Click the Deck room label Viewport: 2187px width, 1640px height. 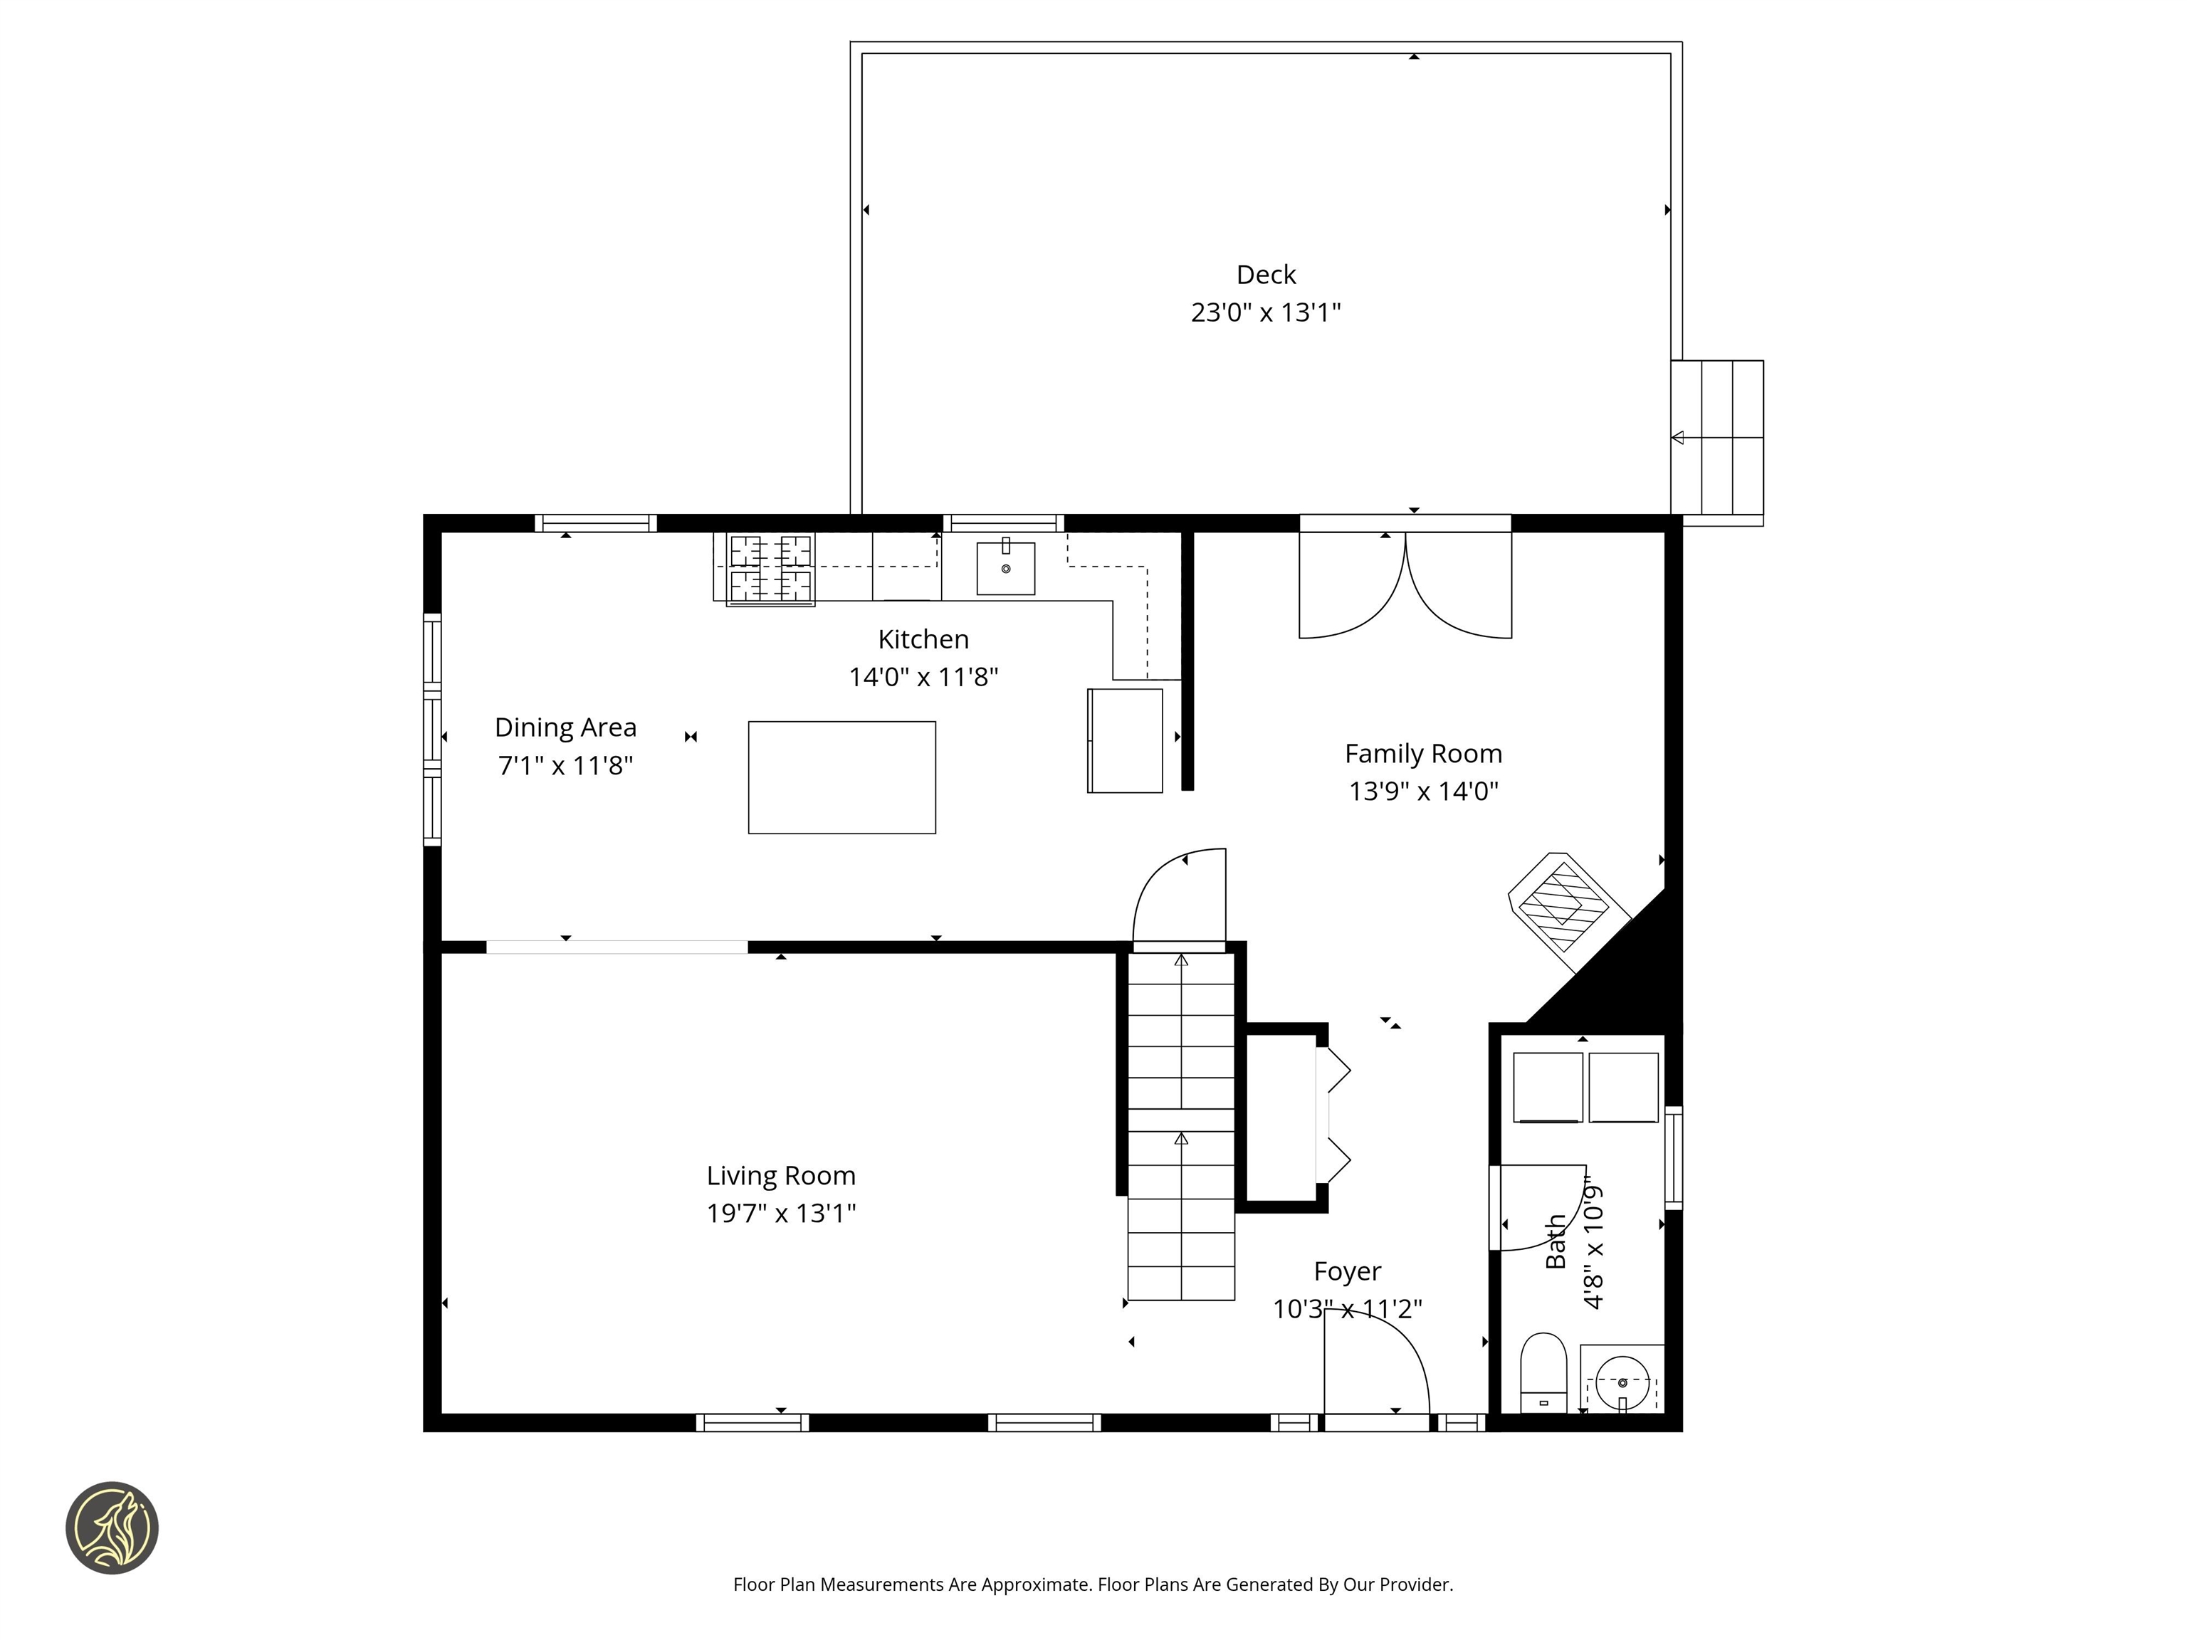point(1266,275)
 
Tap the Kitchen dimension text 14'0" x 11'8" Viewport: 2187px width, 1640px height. point(923,677)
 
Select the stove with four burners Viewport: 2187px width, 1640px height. point(770,569)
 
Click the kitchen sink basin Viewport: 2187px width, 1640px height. point(1005,569)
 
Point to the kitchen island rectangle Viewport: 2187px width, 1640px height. point(841,777)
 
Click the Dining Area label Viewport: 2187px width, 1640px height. point(565,727)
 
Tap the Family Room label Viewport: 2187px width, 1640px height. point(1422,755)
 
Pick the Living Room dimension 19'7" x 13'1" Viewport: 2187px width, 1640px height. point(781,1213)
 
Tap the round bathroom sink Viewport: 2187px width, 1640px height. point(1622,1383)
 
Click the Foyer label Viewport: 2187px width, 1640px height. point(1347,1271)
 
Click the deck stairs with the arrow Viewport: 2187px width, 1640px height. point(1717,437)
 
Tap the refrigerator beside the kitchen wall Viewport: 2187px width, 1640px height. point(1125,740)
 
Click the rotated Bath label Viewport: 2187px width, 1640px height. point(1556,1241)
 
